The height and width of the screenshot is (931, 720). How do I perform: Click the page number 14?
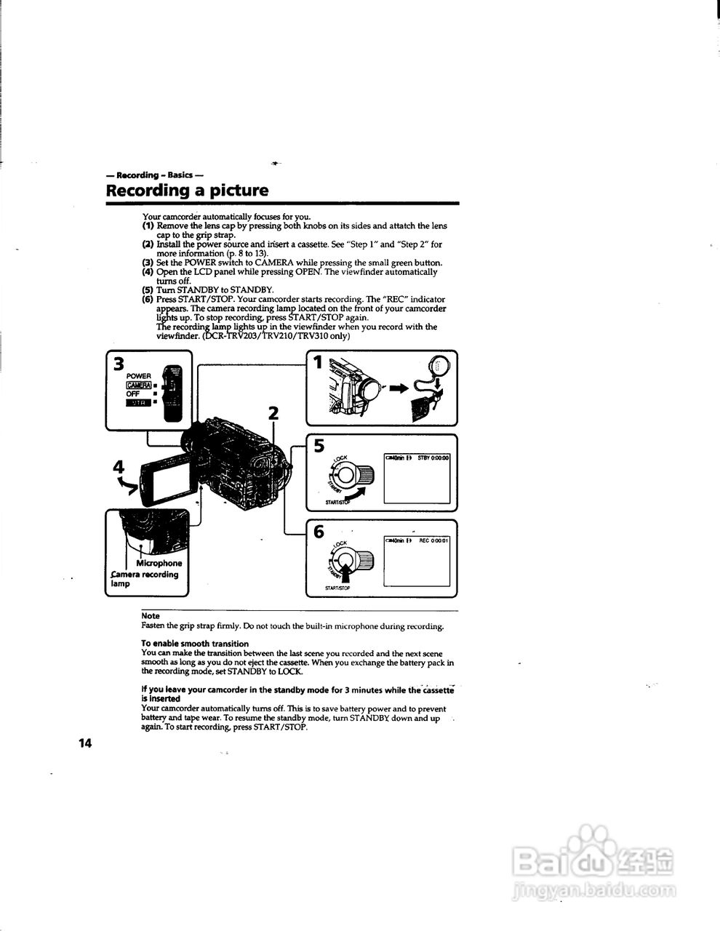point(86,743)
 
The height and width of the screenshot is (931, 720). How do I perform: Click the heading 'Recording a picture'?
point(187,191)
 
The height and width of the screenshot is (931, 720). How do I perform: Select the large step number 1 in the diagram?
point(317,361)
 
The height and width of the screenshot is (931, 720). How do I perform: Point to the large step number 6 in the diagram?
point(319,532)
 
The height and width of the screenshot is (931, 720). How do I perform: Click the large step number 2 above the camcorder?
point(273,413)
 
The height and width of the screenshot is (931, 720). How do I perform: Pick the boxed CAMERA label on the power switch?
point(138,385)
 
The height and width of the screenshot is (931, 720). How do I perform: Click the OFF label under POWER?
point(133,393)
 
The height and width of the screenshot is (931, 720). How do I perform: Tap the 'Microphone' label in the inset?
point(159,563)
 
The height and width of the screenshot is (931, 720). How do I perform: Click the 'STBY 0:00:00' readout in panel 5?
point(433,457)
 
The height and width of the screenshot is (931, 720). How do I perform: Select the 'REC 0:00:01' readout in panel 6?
point(434,540)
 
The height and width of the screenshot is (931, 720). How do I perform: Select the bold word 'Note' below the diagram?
point(150,616)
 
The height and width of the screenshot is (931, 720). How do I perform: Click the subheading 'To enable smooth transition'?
point(194,644)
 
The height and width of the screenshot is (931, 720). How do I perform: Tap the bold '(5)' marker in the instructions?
point(148,289)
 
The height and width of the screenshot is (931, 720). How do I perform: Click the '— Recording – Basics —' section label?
point(153,175)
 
